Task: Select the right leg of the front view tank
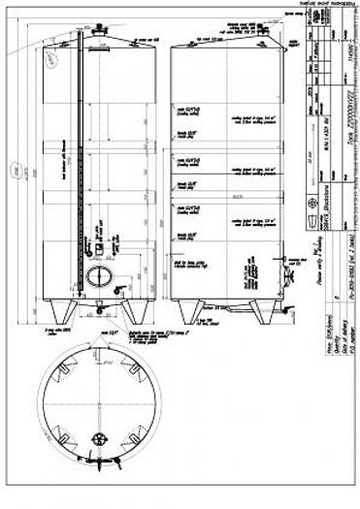tap(129, 311)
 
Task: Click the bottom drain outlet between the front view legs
tap(96, 309)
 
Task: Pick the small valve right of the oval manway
tap(117, 288)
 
